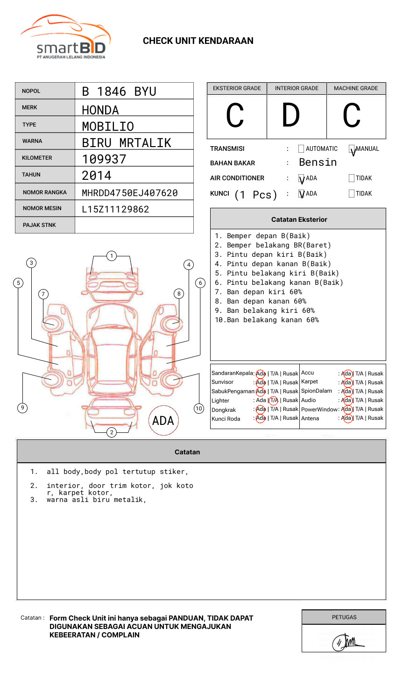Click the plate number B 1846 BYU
(x=119, y=92)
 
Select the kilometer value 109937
(x=104, y=159)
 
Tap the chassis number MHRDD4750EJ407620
(x=129, y=193)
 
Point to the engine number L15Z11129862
(x=115, y=209)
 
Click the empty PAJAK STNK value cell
(x=134, y=225)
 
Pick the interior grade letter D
(x=290, y=115)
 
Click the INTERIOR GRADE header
(x=297, y=88)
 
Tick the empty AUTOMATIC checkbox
(x=301, y=149)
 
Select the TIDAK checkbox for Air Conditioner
(x=352, y=178)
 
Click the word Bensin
(x=318, y=162)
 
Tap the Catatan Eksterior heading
(x=299, y=219)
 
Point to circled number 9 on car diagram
(x=22, y=408)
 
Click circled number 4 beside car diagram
(x=189, y=265)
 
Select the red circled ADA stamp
(x=163, y=421)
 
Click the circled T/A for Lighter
(x=274, y=400)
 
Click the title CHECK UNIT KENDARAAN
(x=198, y=41)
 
